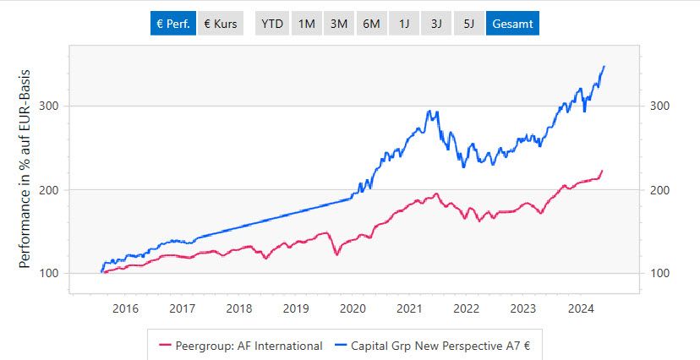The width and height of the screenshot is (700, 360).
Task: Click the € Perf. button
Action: pos(172,24)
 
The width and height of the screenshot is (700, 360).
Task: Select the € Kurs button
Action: pos(221,24)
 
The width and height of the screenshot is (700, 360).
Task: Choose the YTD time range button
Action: pos(272,24)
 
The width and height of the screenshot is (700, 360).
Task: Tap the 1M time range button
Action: pos(306,24)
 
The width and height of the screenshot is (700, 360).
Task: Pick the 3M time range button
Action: pos(339,24)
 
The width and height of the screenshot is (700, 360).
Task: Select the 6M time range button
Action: pos(371,24)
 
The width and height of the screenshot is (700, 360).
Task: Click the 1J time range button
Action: pos(403,24)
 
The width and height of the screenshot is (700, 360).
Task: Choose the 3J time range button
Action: pos(436,24)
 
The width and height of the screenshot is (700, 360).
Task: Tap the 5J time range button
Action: pos(468,24)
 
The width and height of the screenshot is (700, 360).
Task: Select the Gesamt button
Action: pos(512,24)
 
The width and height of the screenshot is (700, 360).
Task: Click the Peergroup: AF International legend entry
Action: pos(240,345)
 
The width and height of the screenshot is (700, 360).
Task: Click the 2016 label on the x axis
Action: pos(124,308)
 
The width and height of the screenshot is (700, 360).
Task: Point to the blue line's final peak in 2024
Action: pos(604,66)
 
